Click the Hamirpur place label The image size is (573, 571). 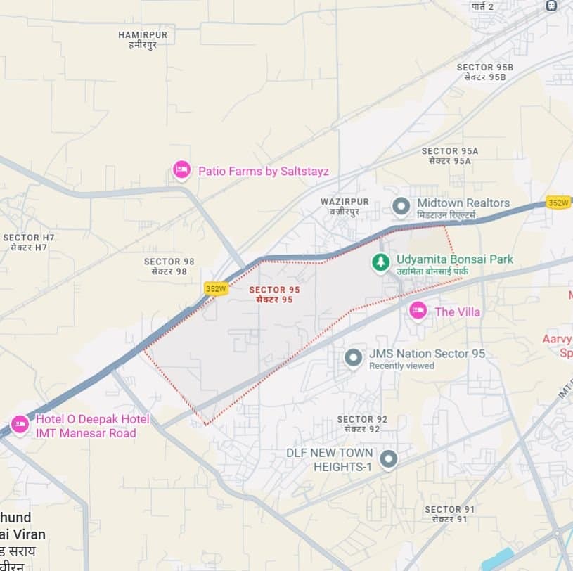143,39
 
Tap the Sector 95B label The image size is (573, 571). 485,72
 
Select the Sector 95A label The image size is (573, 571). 450,155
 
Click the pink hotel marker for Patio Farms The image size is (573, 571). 181,169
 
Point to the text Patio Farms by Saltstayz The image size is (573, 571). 263,171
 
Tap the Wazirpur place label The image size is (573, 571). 345,206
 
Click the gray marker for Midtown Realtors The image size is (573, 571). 401,207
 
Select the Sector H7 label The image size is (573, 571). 29,243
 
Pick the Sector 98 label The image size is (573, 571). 169,266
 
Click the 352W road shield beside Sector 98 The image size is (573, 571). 217,288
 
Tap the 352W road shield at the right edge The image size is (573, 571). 558,203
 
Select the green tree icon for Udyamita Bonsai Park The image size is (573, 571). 380,263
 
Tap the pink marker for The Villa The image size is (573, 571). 418,310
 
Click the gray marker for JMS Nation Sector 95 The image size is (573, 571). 353,358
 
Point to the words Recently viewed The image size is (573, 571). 401,366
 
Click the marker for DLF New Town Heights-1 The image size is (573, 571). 388,460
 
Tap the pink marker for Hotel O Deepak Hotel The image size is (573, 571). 20,425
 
